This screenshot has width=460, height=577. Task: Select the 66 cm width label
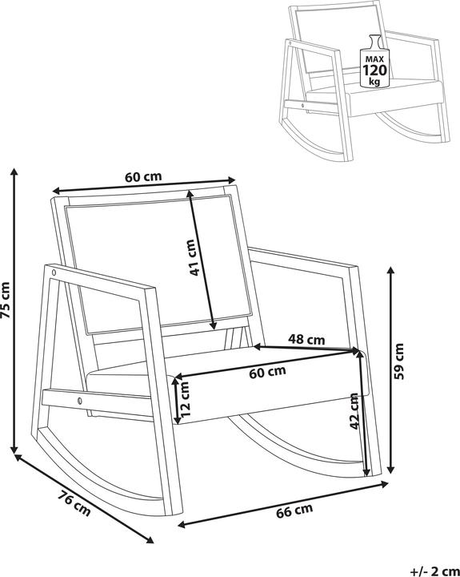click(x=294, y=510)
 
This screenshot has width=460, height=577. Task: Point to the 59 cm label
click(x=398, y=361)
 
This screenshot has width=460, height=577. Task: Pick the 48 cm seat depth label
click(x=306, y=339)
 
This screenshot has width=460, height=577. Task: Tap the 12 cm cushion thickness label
click(x=185, y=399)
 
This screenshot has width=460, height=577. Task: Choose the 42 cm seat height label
click(x=354, y=410)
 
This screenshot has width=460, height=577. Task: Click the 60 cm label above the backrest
click(x=143, y=176)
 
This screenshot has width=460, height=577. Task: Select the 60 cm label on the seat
click(x=267, y=372)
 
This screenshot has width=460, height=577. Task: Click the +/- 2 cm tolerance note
click(x=434, y=571)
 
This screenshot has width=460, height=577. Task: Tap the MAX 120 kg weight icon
click(x=374, y=61)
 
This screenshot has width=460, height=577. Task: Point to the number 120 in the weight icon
click(x=374, y=70)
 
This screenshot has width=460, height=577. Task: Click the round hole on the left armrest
click(x=54, y=273)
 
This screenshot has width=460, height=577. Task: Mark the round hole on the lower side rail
click(x=79, y=401)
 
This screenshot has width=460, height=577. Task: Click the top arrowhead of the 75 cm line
click(x=14, y=171)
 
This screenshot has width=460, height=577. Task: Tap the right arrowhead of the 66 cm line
click(x=384, y=484)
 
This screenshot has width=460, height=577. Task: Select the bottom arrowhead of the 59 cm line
click(x=391, y=470)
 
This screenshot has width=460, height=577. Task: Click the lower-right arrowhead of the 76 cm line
click(x=150, y=540)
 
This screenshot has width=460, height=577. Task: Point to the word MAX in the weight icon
click(x=374, y=59)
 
